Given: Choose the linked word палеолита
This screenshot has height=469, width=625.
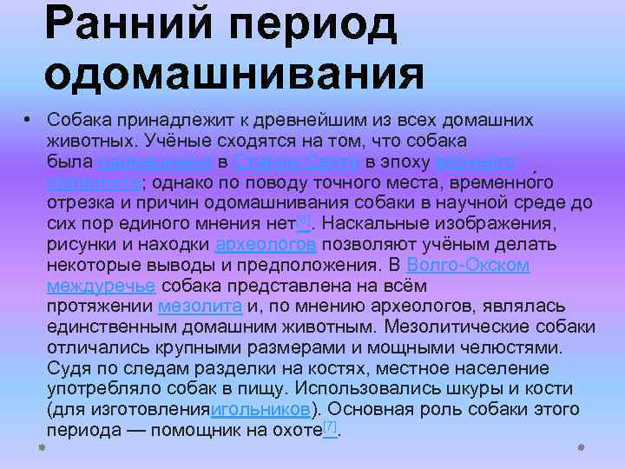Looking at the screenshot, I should pos(94,182).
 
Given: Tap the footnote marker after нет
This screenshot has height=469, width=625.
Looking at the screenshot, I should pos(303,222).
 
